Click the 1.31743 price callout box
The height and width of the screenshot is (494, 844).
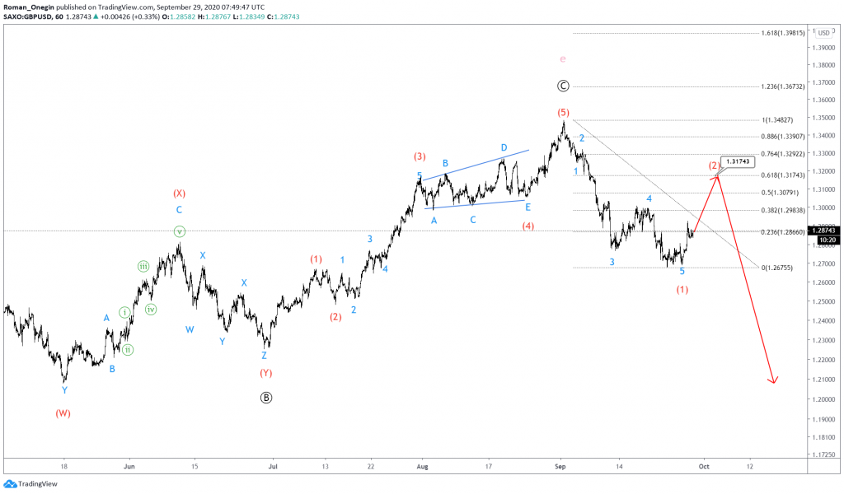738,161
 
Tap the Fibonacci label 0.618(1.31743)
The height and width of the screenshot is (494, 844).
783,175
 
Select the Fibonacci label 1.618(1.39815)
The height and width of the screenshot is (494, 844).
783,33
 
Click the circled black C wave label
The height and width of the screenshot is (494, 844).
562,86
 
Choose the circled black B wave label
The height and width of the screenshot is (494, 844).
265,397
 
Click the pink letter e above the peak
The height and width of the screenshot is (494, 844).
562,59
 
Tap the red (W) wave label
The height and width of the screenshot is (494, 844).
63,413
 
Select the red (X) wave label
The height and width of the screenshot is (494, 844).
179,193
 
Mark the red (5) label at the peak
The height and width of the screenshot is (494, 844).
562,112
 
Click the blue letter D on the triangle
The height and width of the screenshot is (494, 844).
504,147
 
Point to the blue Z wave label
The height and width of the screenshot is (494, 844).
264,356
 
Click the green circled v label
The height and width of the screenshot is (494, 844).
180,231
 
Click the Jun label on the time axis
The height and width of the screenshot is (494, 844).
128,465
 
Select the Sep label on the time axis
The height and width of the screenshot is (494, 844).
560,465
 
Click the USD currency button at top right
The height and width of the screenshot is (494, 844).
823,32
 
